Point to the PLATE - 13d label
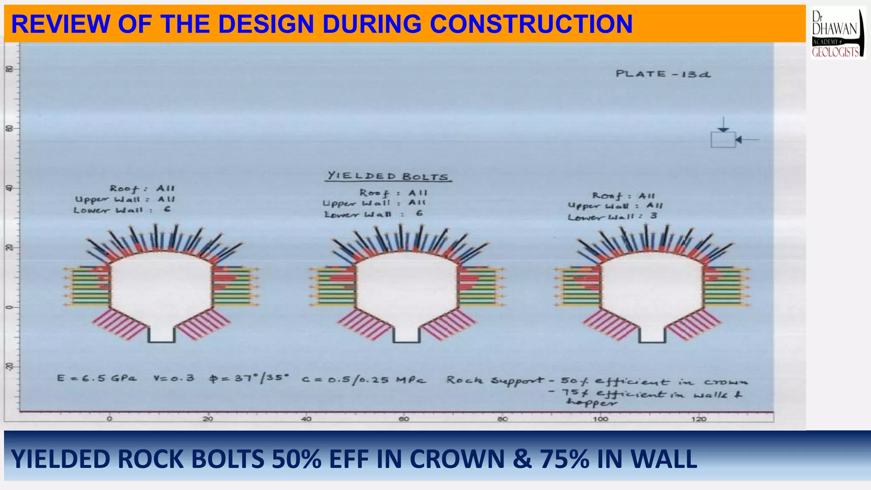pyautogui.click(x=663, y=74)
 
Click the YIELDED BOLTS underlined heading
pyautogui.click(x=387, y=176)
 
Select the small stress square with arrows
pyautogui.click(x=723, y=140)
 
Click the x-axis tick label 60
pyautogui.click(x=404, y=419)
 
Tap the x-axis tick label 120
pyautogui.click(x=698, y=419)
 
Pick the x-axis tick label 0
pyautogui.click(x=110, y=419)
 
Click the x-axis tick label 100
pyautogui.click(x=600, y=419)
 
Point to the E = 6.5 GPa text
pyautogui.click(x=97, y=378)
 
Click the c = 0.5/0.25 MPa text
pyautogui.click(x=364, y=379)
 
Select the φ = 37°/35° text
pyautogui.click(x=249, y=378)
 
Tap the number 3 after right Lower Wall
pyautogui.click(x=653, y=216)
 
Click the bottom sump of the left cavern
pyautogui.click(x=161, y=334)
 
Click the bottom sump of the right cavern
pyautogui.click(x=652, y=334)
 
